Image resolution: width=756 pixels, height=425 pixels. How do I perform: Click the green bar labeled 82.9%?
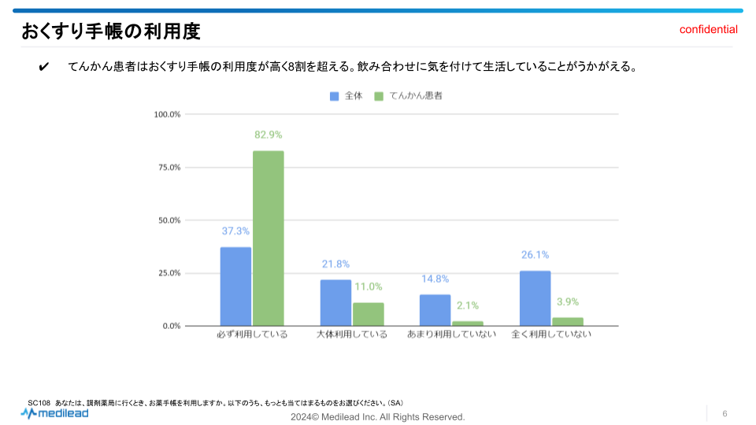tap(268, 238)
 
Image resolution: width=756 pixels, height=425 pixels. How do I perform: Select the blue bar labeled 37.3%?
tap(235, 286)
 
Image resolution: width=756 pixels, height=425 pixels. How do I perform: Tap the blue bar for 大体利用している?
tap(335, 302)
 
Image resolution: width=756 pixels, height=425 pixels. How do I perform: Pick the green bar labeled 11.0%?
tap(368, 314)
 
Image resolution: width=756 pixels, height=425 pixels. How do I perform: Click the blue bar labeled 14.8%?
tap(435, 310)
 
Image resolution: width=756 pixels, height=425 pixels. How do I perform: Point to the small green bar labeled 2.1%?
tap(467, 323)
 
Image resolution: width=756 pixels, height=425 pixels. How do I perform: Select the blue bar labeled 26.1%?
tap(535, 298)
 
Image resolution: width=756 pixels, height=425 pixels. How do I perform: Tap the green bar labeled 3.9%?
tap(567, 321)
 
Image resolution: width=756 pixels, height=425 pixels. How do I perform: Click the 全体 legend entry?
tap(346, 96)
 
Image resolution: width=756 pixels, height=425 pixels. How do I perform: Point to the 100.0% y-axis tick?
tap(167, 114)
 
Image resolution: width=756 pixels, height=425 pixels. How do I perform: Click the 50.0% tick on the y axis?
tap(169, 220)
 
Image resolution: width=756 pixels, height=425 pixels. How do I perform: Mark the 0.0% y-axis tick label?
tap(171, 326)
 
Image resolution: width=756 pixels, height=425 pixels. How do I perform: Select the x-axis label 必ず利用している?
tap(252, 334)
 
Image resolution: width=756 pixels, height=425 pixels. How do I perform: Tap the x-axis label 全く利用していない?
tap(551, 334)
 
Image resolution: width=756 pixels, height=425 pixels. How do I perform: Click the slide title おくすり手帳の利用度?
tap(111, 31)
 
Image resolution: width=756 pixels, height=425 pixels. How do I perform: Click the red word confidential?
tap(709, 30)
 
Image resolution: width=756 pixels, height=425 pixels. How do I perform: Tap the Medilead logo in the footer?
tap(54, 412)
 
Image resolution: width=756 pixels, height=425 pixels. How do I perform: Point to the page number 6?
tap(724, 414)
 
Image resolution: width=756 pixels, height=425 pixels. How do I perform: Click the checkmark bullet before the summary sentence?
tap(43, 67)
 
